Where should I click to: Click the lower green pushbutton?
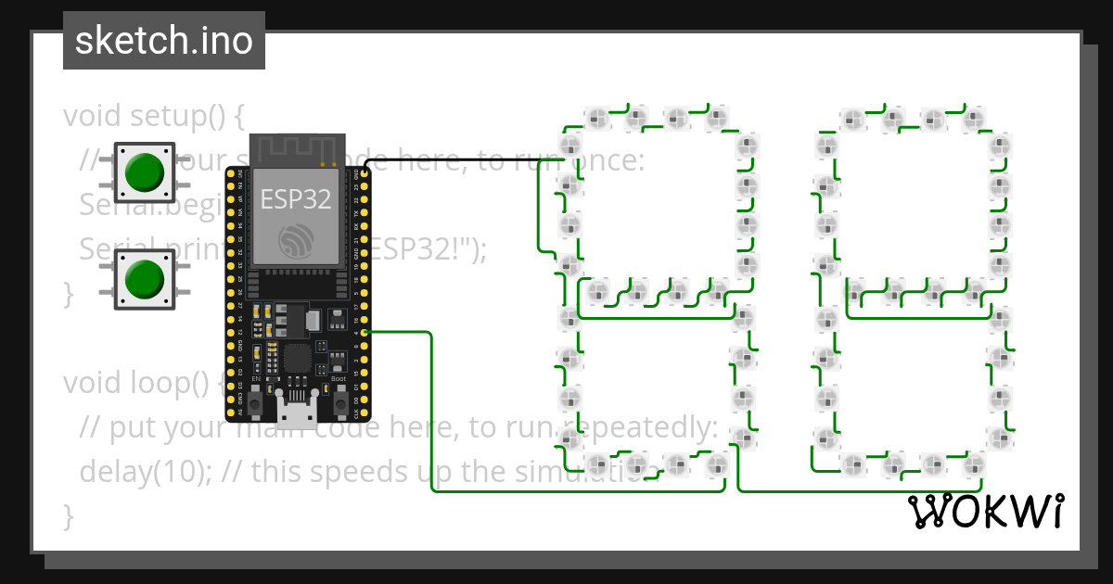[x=144, y=278]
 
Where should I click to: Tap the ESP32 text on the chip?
[x=295, y=199]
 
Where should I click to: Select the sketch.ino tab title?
[x=164, y=41]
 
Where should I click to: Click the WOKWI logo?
[x=986, y=511]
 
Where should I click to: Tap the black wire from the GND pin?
[x=464, y=159]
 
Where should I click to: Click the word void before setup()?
[x=93, y=117]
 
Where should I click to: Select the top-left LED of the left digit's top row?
[x=596, y=118]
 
